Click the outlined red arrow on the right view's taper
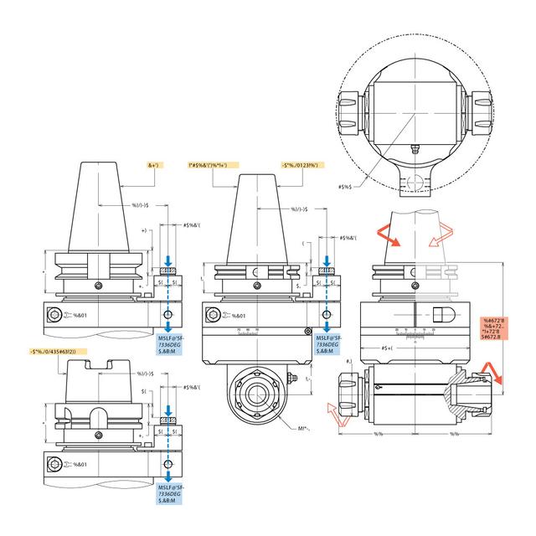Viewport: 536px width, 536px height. click(435, 240)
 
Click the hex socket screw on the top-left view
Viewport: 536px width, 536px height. click(55, 316)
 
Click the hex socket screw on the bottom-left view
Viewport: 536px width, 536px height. click(55, 464)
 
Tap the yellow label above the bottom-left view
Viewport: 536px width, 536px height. click(64, 351)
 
